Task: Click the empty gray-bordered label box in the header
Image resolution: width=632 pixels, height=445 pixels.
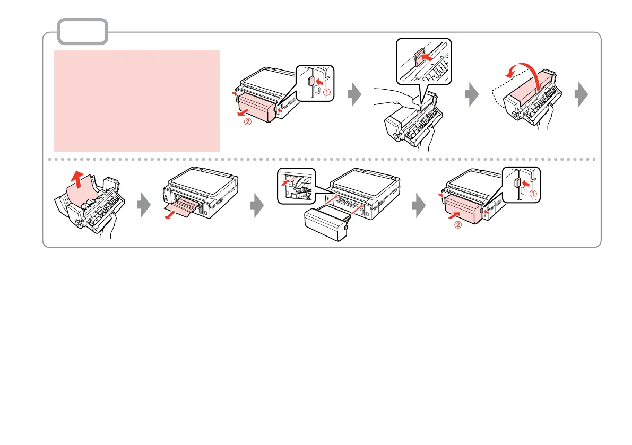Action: tap(83, 31)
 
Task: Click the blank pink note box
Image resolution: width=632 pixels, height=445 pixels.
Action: tap(137, 101)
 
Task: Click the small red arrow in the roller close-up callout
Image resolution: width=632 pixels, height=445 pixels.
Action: tap(288, 182)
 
